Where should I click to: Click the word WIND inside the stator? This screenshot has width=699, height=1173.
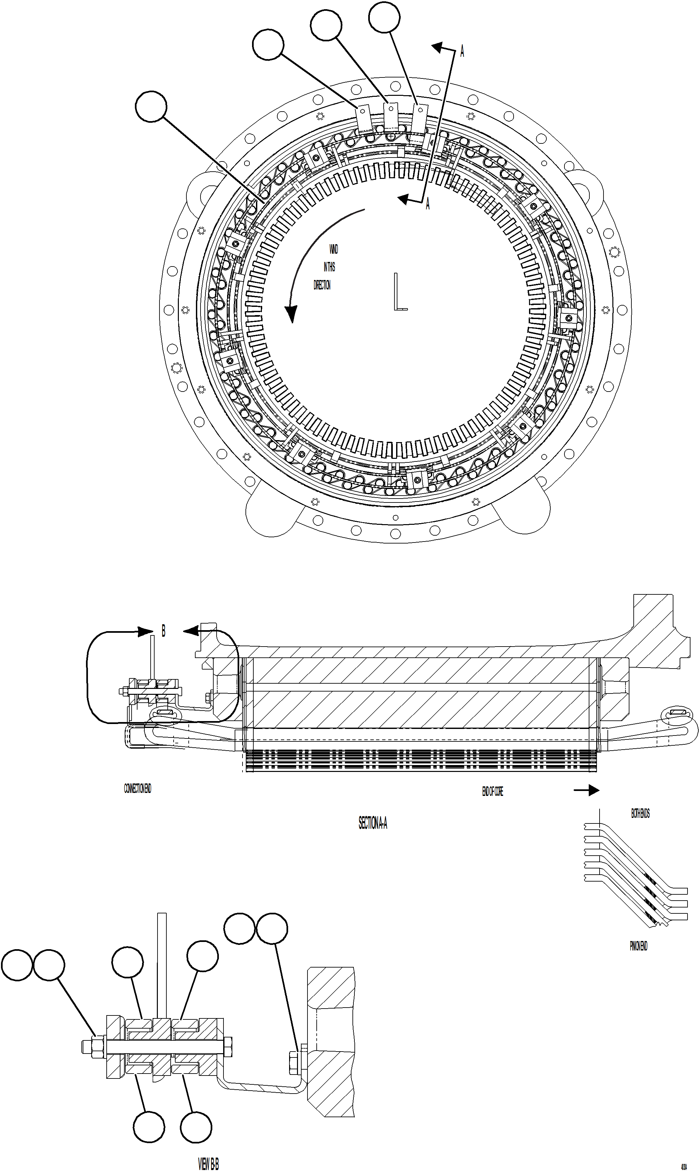333,249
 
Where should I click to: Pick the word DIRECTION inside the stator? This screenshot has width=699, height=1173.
322,285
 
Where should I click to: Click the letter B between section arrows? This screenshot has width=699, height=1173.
163,631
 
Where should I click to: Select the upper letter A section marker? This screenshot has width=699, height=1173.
462,51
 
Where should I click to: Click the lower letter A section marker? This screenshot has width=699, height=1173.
428,204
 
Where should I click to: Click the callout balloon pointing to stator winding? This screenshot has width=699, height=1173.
151,107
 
